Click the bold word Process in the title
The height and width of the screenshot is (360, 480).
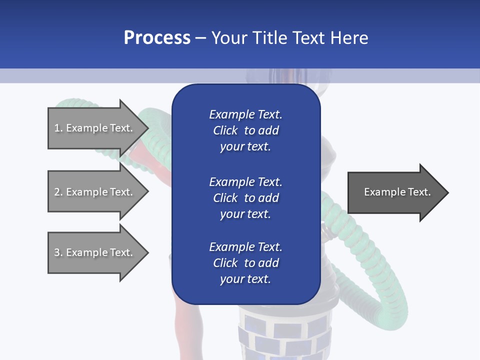(157, 38)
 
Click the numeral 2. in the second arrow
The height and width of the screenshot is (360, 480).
(58, 192)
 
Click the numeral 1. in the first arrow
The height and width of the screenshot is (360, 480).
(58, 128)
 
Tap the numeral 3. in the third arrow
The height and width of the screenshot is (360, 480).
(58, 252)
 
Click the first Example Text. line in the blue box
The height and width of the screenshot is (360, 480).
(245, 114)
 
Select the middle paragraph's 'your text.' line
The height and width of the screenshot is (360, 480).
(245, 214)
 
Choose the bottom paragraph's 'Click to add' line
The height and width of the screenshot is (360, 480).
(245, 263)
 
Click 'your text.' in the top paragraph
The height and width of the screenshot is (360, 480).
(245, 146)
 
